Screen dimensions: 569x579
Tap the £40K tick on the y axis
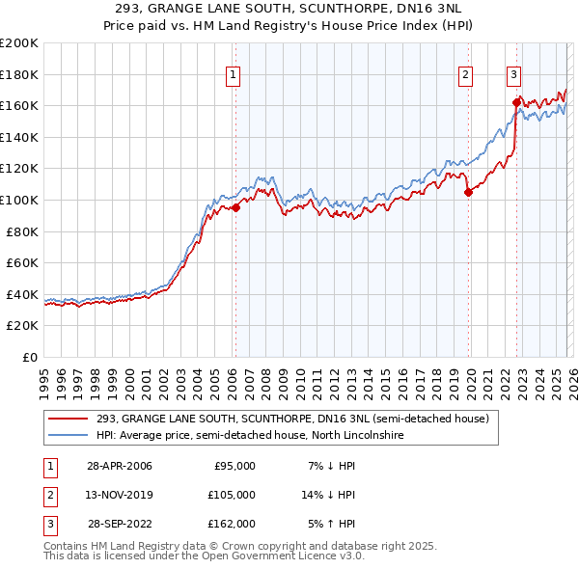click(22, 294)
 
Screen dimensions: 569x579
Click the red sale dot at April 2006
click(235, 207)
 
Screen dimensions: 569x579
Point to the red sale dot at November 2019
click(468, 192)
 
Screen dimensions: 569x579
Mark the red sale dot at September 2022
click(516, 102)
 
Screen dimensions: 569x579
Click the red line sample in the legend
click(67, 419)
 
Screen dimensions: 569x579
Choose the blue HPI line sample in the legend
click(67, 436)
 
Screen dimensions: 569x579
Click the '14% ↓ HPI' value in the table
click(328, 494)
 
